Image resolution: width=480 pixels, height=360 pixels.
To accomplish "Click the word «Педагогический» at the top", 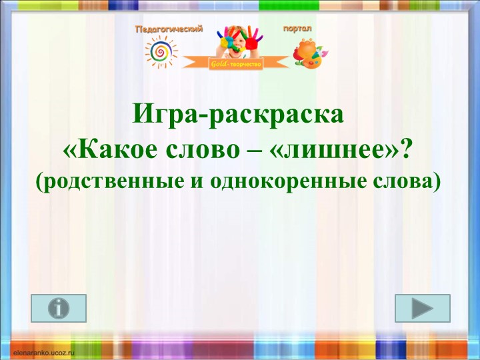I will (x=169, y=29).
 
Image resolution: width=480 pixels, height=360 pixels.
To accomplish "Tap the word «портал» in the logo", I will (x=297, y=29).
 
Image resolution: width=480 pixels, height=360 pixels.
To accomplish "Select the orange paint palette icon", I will (x=308, y=54).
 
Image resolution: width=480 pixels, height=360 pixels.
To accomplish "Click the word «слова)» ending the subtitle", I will (x=413, y=180).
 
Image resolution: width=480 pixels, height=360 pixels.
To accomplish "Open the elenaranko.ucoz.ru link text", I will (x=43, y=349).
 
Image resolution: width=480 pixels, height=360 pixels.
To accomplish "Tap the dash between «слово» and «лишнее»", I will (x=239, y=151).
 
